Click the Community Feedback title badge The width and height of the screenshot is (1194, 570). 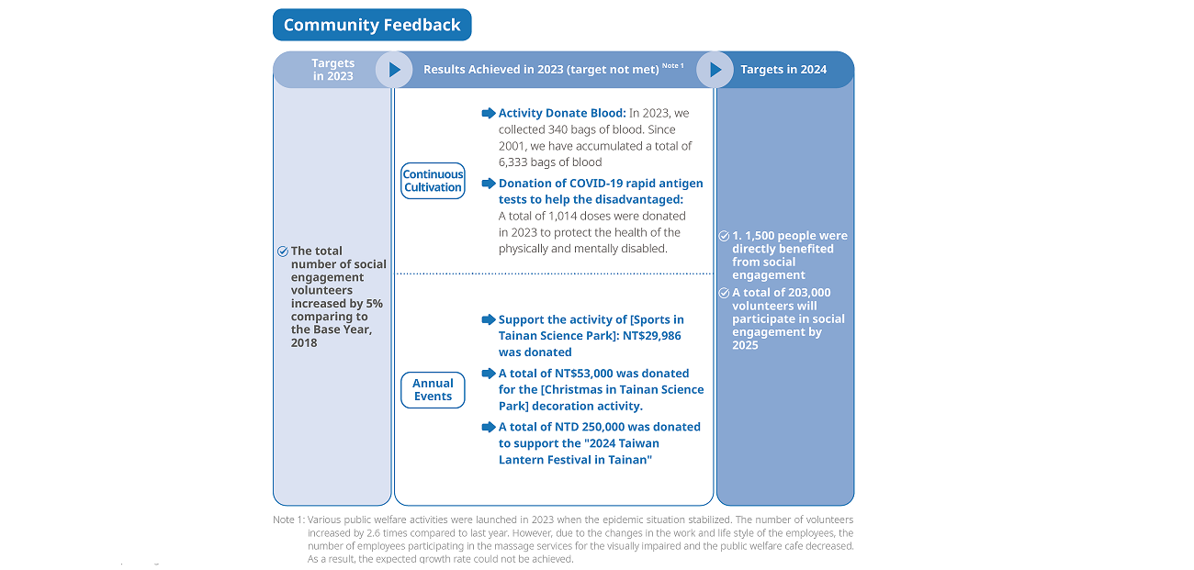click(x=372, y=25)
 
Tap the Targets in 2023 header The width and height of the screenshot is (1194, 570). click(x=333, y=70)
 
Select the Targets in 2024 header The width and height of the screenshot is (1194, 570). click(x=783, y=70)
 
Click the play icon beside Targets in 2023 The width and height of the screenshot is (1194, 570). click(x=394, y=70)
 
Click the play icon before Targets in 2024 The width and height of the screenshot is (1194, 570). click(x=715, y=70)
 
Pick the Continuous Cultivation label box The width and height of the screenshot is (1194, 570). click(x=433, y=181)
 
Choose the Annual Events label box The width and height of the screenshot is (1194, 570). click(x=433, y=390)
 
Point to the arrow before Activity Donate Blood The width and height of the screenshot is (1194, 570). click(x=489, y=113)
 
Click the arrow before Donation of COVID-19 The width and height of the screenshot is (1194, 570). click(x=489, y=184)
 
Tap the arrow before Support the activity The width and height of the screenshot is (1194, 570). click(x=489, y=319)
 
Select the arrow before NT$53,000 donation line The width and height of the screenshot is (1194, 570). click(x=489, y=374)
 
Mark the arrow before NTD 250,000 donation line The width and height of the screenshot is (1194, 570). click(x=489, y=427)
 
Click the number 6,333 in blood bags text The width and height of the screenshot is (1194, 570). click(x=513, y=162)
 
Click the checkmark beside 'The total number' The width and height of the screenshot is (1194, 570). click(x=283, y=251)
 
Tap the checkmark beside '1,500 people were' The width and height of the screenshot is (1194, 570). click(x=724, y=236)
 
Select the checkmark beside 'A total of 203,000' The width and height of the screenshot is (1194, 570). click(x=724, y=293)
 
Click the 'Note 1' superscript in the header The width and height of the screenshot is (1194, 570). click(x=672, y=65)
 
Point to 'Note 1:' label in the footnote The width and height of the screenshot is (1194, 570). click(x=289, y=520)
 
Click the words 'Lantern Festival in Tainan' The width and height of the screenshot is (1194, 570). click(x=575, y=460)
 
